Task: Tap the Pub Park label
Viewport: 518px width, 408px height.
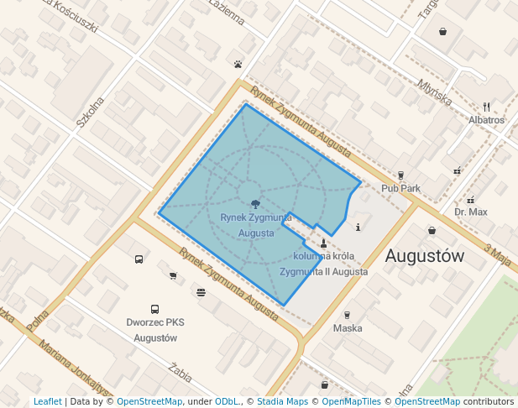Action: [400, 188]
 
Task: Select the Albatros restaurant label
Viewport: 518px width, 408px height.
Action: [487, 120]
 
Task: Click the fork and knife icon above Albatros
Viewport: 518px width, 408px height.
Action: [487, 107]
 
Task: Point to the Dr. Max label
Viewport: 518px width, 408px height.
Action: [470, 212]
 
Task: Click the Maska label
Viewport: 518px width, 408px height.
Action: [348, 328]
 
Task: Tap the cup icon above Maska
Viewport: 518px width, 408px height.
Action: [347, 315]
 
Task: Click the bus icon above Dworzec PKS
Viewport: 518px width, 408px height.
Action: [154, 309]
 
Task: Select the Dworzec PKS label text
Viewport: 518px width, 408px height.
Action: [154, 322]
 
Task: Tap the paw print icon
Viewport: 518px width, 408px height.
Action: [238, 63]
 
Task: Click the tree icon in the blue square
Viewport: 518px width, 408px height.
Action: [254, 203]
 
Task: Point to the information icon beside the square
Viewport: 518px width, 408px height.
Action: [358, 227]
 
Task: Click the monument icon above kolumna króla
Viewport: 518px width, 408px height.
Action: [323, 243]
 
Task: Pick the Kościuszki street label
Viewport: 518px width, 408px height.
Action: [76, 16]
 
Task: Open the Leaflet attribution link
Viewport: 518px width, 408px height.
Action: [47, 402]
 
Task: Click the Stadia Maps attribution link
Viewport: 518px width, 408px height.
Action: [282, 402]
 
